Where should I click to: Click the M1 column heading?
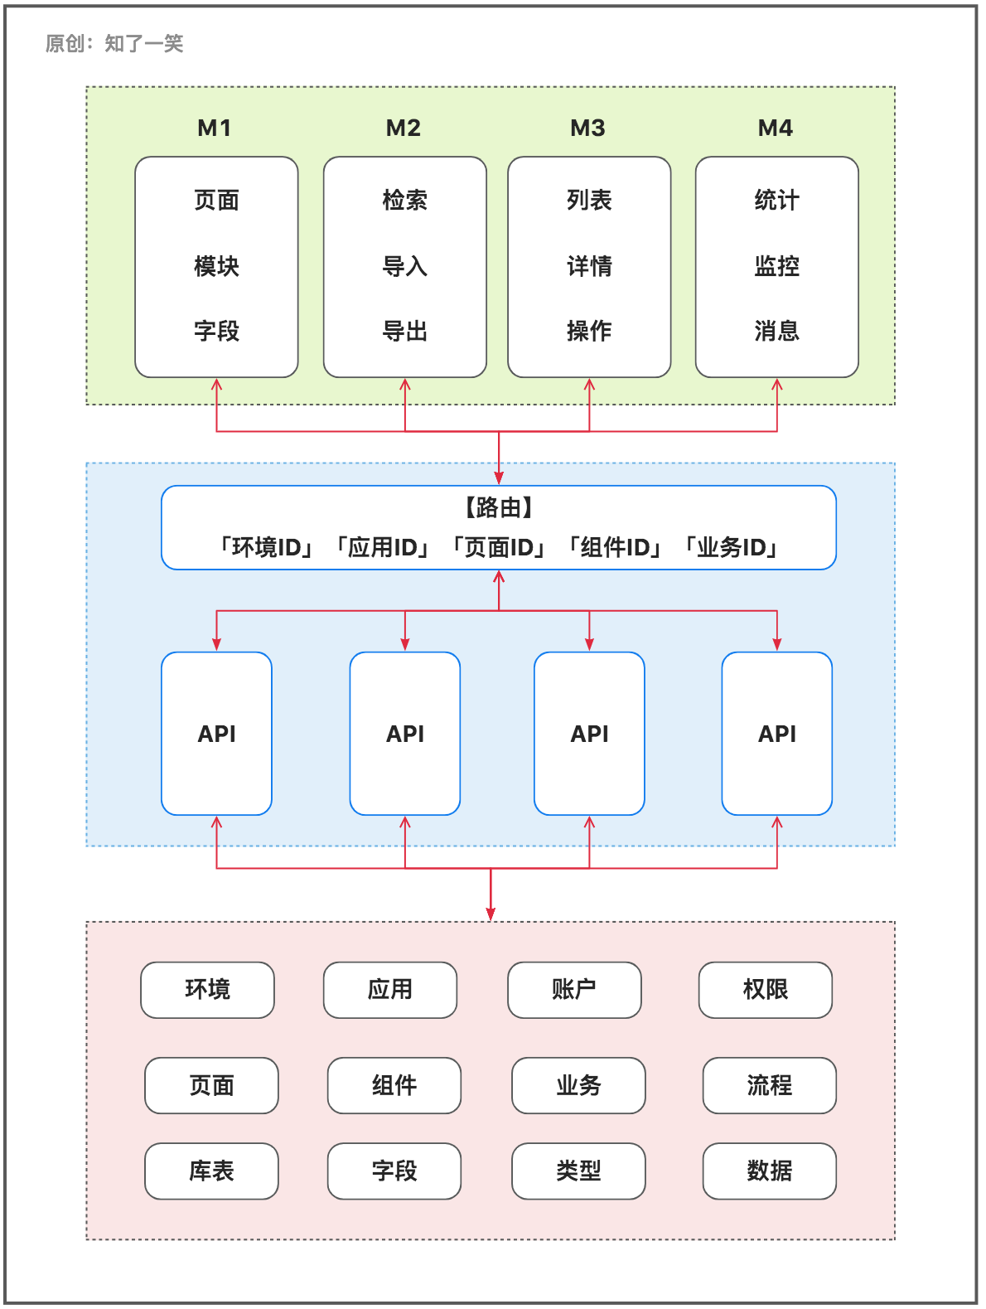click(215, 128)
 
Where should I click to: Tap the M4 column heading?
click(776, 128)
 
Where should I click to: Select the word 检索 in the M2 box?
click(404, 200)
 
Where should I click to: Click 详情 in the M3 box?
click(589, 266)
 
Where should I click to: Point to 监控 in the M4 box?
click(776, 266)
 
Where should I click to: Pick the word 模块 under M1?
click(216, 266)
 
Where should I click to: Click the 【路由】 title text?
click(499, 507)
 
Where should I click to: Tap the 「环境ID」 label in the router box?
click(266, 547)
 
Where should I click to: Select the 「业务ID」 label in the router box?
click(731, 547)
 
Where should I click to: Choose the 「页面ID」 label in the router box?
click(499, 547)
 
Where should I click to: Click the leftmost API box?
click(216, 734)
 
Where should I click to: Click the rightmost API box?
click(776, 734)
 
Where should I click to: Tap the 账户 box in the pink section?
click(574, 990)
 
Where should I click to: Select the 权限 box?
click(765, 990)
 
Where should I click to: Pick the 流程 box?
click(769, 1085)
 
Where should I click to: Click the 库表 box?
click(211, 1171)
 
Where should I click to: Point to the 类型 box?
click(578, 1171)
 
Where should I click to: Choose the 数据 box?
click(769, 1171)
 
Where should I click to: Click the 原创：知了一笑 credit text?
click(114, 43)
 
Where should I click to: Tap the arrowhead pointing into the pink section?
click(491, 914)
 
